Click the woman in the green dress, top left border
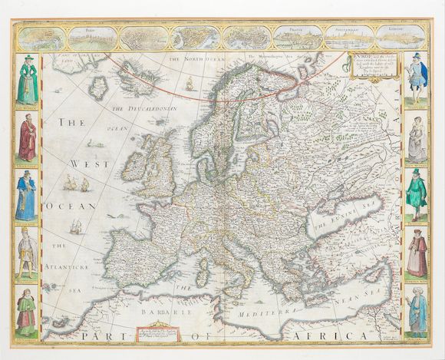[x=28, y=79]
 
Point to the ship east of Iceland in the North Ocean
[x=188, y=83]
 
